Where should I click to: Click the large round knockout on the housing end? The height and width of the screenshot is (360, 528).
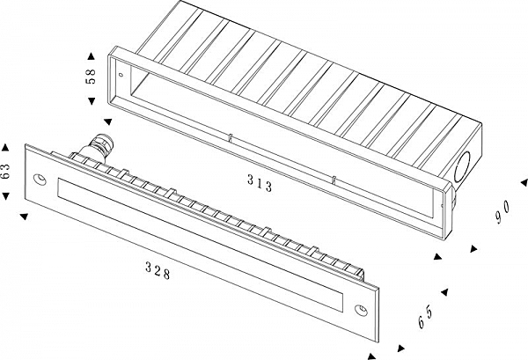(x=463, y=166)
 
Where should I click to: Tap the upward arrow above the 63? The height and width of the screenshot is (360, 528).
(x=6, y=146)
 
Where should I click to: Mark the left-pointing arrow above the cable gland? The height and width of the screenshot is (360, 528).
(x=107, y=122)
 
